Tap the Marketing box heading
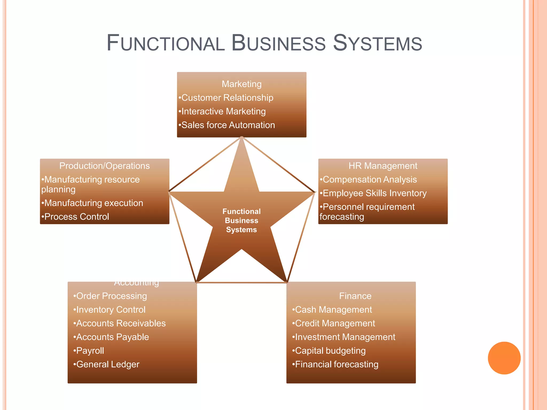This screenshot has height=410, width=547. (x=241, y=84)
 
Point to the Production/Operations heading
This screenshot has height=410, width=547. (x=104, y=166)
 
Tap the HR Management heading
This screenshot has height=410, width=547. (x=383, y=166)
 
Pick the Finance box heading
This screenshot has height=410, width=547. (x=355, y=296)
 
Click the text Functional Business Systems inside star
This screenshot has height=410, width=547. (x=241, y=220)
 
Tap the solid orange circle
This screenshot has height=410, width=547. (x=504, y=358)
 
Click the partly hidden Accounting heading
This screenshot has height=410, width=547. (x=136, y=283)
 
